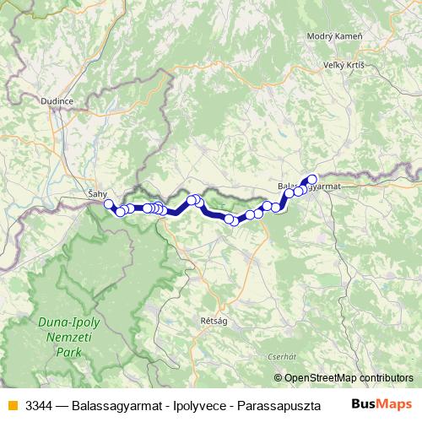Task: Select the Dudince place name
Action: (57, 100)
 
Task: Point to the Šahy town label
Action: (98, 194)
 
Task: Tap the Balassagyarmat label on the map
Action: (307, 186)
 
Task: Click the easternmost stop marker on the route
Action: (311, 179)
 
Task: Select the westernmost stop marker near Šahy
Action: (108, 204)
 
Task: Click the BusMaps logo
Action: (381, 404)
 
